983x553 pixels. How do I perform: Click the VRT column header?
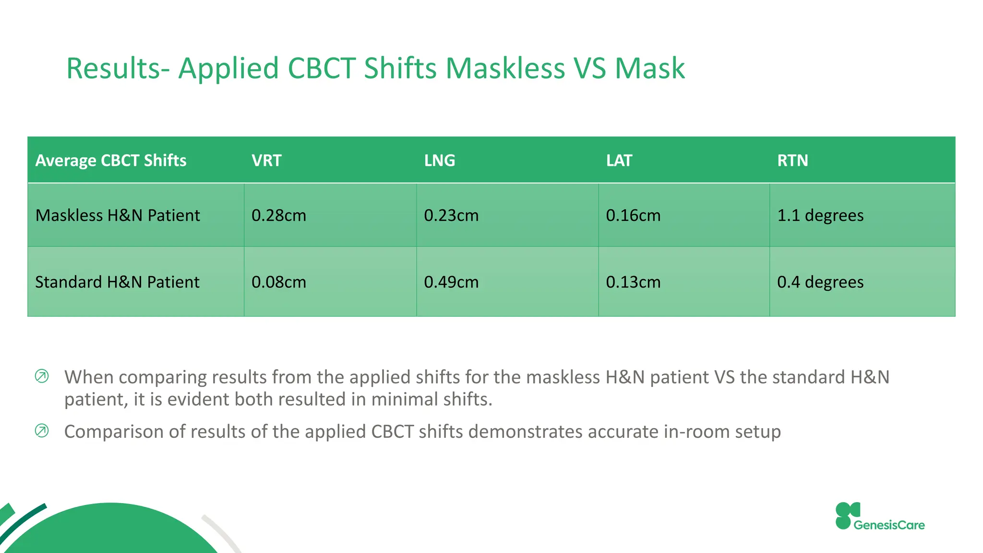[266, 160]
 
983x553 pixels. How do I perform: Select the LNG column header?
[439, 160]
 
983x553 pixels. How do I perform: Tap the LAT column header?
[619, 160]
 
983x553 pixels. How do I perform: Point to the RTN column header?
[792, 160]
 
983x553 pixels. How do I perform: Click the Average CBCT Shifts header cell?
[111, 160]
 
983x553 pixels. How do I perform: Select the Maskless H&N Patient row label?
[118, 216]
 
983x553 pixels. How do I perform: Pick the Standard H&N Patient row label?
[117, 282]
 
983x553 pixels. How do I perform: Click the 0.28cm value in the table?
[278, 216]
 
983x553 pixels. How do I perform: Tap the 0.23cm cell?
[451, 216]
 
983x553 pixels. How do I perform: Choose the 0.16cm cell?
[633, 216]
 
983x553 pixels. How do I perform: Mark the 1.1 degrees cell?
[820, 216]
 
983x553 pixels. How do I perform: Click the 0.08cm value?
[278, 282]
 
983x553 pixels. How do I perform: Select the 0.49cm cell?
[451, 282]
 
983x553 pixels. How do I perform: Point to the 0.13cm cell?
[633, 282]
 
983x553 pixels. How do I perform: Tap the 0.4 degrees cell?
[820, 282]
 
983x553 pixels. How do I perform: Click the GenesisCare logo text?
[889, 525]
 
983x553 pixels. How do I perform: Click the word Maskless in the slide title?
[505, 68]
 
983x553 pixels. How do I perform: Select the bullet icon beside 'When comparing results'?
[42, 376]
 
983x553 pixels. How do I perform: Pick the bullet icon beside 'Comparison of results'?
[42, 431]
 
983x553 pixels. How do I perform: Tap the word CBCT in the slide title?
[321, 68]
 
